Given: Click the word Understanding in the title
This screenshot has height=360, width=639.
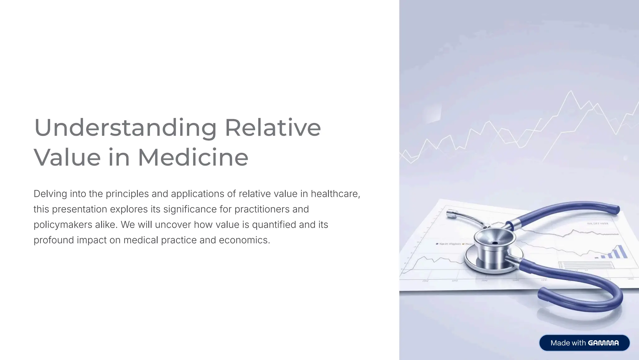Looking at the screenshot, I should (125, 128).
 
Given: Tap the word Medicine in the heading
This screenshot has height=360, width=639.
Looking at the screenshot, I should (193, 157).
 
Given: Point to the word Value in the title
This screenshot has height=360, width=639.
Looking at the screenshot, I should (67, 157).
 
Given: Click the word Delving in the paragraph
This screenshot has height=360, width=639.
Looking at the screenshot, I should (50, 194).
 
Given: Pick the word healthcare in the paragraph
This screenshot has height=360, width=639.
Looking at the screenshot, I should (335, 194).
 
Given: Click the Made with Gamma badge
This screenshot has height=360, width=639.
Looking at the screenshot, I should (584, 343).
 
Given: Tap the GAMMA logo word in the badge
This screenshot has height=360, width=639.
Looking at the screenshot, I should (603, 343).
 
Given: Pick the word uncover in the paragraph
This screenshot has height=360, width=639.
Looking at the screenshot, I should (173, 225).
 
